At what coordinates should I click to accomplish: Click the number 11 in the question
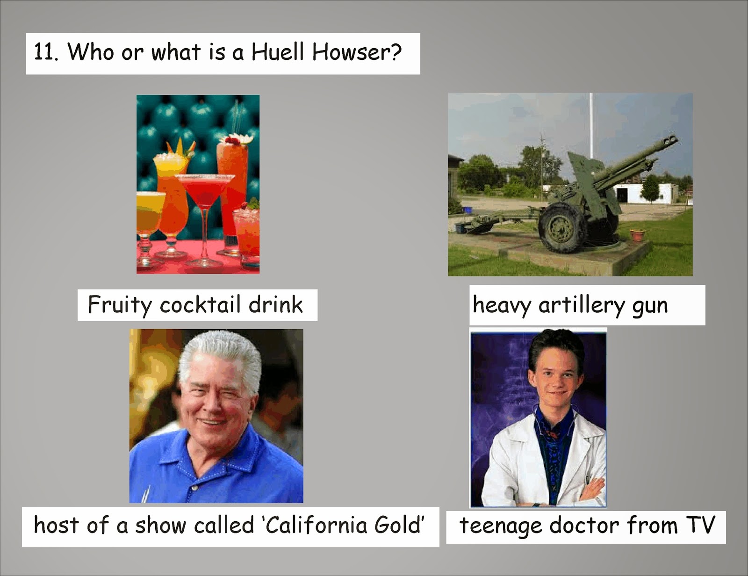click(x=45, y=53)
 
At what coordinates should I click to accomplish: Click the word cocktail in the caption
click(x=200, y=304)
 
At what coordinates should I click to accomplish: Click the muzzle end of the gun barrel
click(x=671, y=140)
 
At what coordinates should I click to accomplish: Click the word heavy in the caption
click(x=502, y=306)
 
